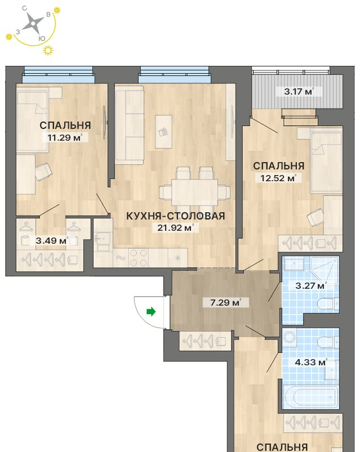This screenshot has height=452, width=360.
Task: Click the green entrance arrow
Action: coord(151,312)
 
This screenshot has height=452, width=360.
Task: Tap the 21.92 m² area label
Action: coord(175,228)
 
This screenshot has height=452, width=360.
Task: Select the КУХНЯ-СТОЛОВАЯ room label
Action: coord(175,216)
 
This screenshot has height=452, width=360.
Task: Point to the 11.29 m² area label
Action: coord(65,137)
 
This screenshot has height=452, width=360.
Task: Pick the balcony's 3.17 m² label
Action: coord(299,92)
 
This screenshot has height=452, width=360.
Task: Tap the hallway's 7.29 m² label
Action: coord(225,302)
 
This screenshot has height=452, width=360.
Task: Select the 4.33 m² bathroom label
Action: coord(311,362)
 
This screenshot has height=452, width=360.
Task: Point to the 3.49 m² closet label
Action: coord(52,240)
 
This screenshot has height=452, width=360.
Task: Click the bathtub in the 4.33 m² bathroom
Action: coord(310,396)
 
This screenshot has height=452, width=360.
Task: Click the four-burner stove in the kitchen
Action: coord(139,257)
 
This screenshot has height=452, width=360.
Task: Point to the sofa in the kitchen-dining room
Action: coord(130,126)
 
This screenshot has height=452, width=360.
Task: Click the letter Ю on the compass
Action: coord(42,38)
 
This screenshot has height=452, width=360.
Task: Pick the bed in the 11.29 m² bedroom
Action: coord(32,120)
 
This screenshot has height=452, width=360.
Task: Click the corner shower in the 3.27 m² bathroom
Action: coord(325,270)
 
